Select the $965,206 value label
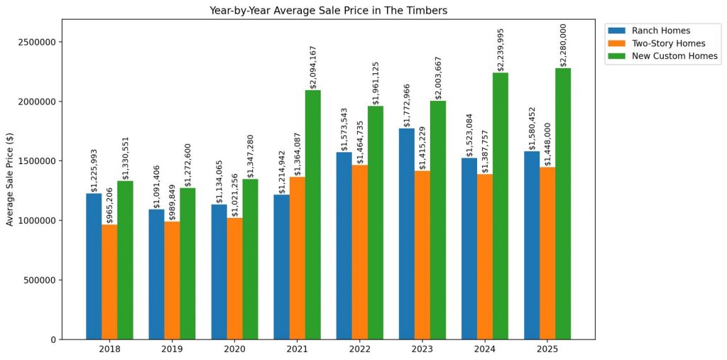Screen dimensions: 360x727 coord(110,204)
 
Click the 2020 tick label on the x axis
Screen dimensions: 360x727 coord(234,350)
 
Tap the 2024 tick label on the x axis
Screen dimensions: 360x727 coord(485,350)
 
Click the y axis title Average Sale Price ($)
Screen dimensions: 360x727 coord(10,179)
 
